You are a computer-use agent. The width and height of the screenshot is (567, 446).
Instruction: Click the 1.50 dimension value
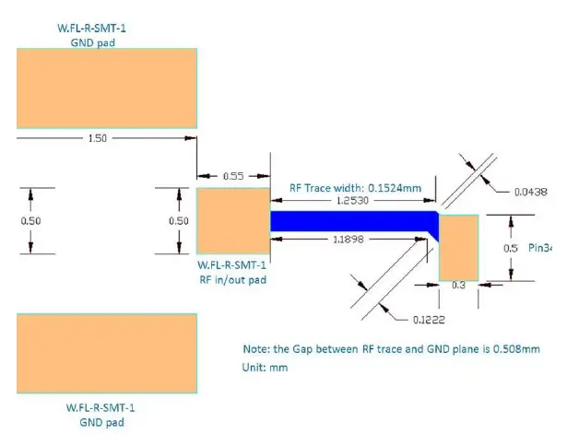pyautogui.click(x=97, y=137)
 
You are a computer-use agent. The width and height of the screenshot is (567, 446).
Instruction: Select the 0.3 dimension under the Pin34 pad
pyautogui.click(x=457, y=287)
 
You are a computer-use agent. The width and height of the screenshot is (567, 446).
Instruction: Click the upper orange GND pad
pyautogui.click(x=106, y=88)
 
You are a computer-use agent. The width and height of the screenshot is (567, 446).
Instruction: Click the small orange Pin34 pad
pyautogui.click(x=458, y=247)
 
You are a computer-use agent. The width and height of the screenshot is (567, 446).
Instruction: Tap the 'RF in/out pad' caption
pyautogui.click(x=232, y=280)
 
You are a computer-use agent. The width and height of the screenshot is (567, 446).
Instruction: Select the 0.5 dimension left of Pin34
pyautogui.click(x=510, y=248)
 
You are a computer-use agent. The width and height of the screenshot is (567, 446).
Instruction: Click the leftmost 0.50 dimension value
pyautogui.click(x=31, y=221)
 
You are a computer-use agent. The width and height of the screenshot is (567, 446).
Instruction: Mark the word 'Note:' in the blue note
pyautogui.click(x=254, y=349)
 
